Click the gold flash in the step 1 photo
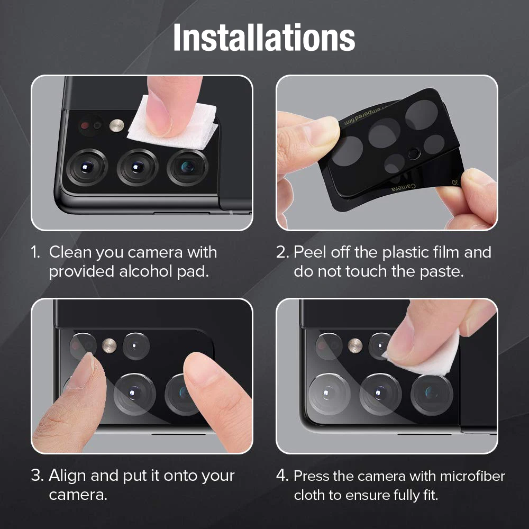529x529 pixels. point(116,125)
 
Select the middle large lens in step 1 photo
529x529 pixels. point(137,167)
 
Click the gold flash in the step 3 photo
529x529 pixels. point(110,344)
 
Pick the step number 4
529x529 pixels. point(281,476)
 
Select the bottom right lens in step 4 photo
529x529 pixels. point(432,394)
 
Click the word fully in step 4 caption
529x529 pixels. point(402,496)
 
